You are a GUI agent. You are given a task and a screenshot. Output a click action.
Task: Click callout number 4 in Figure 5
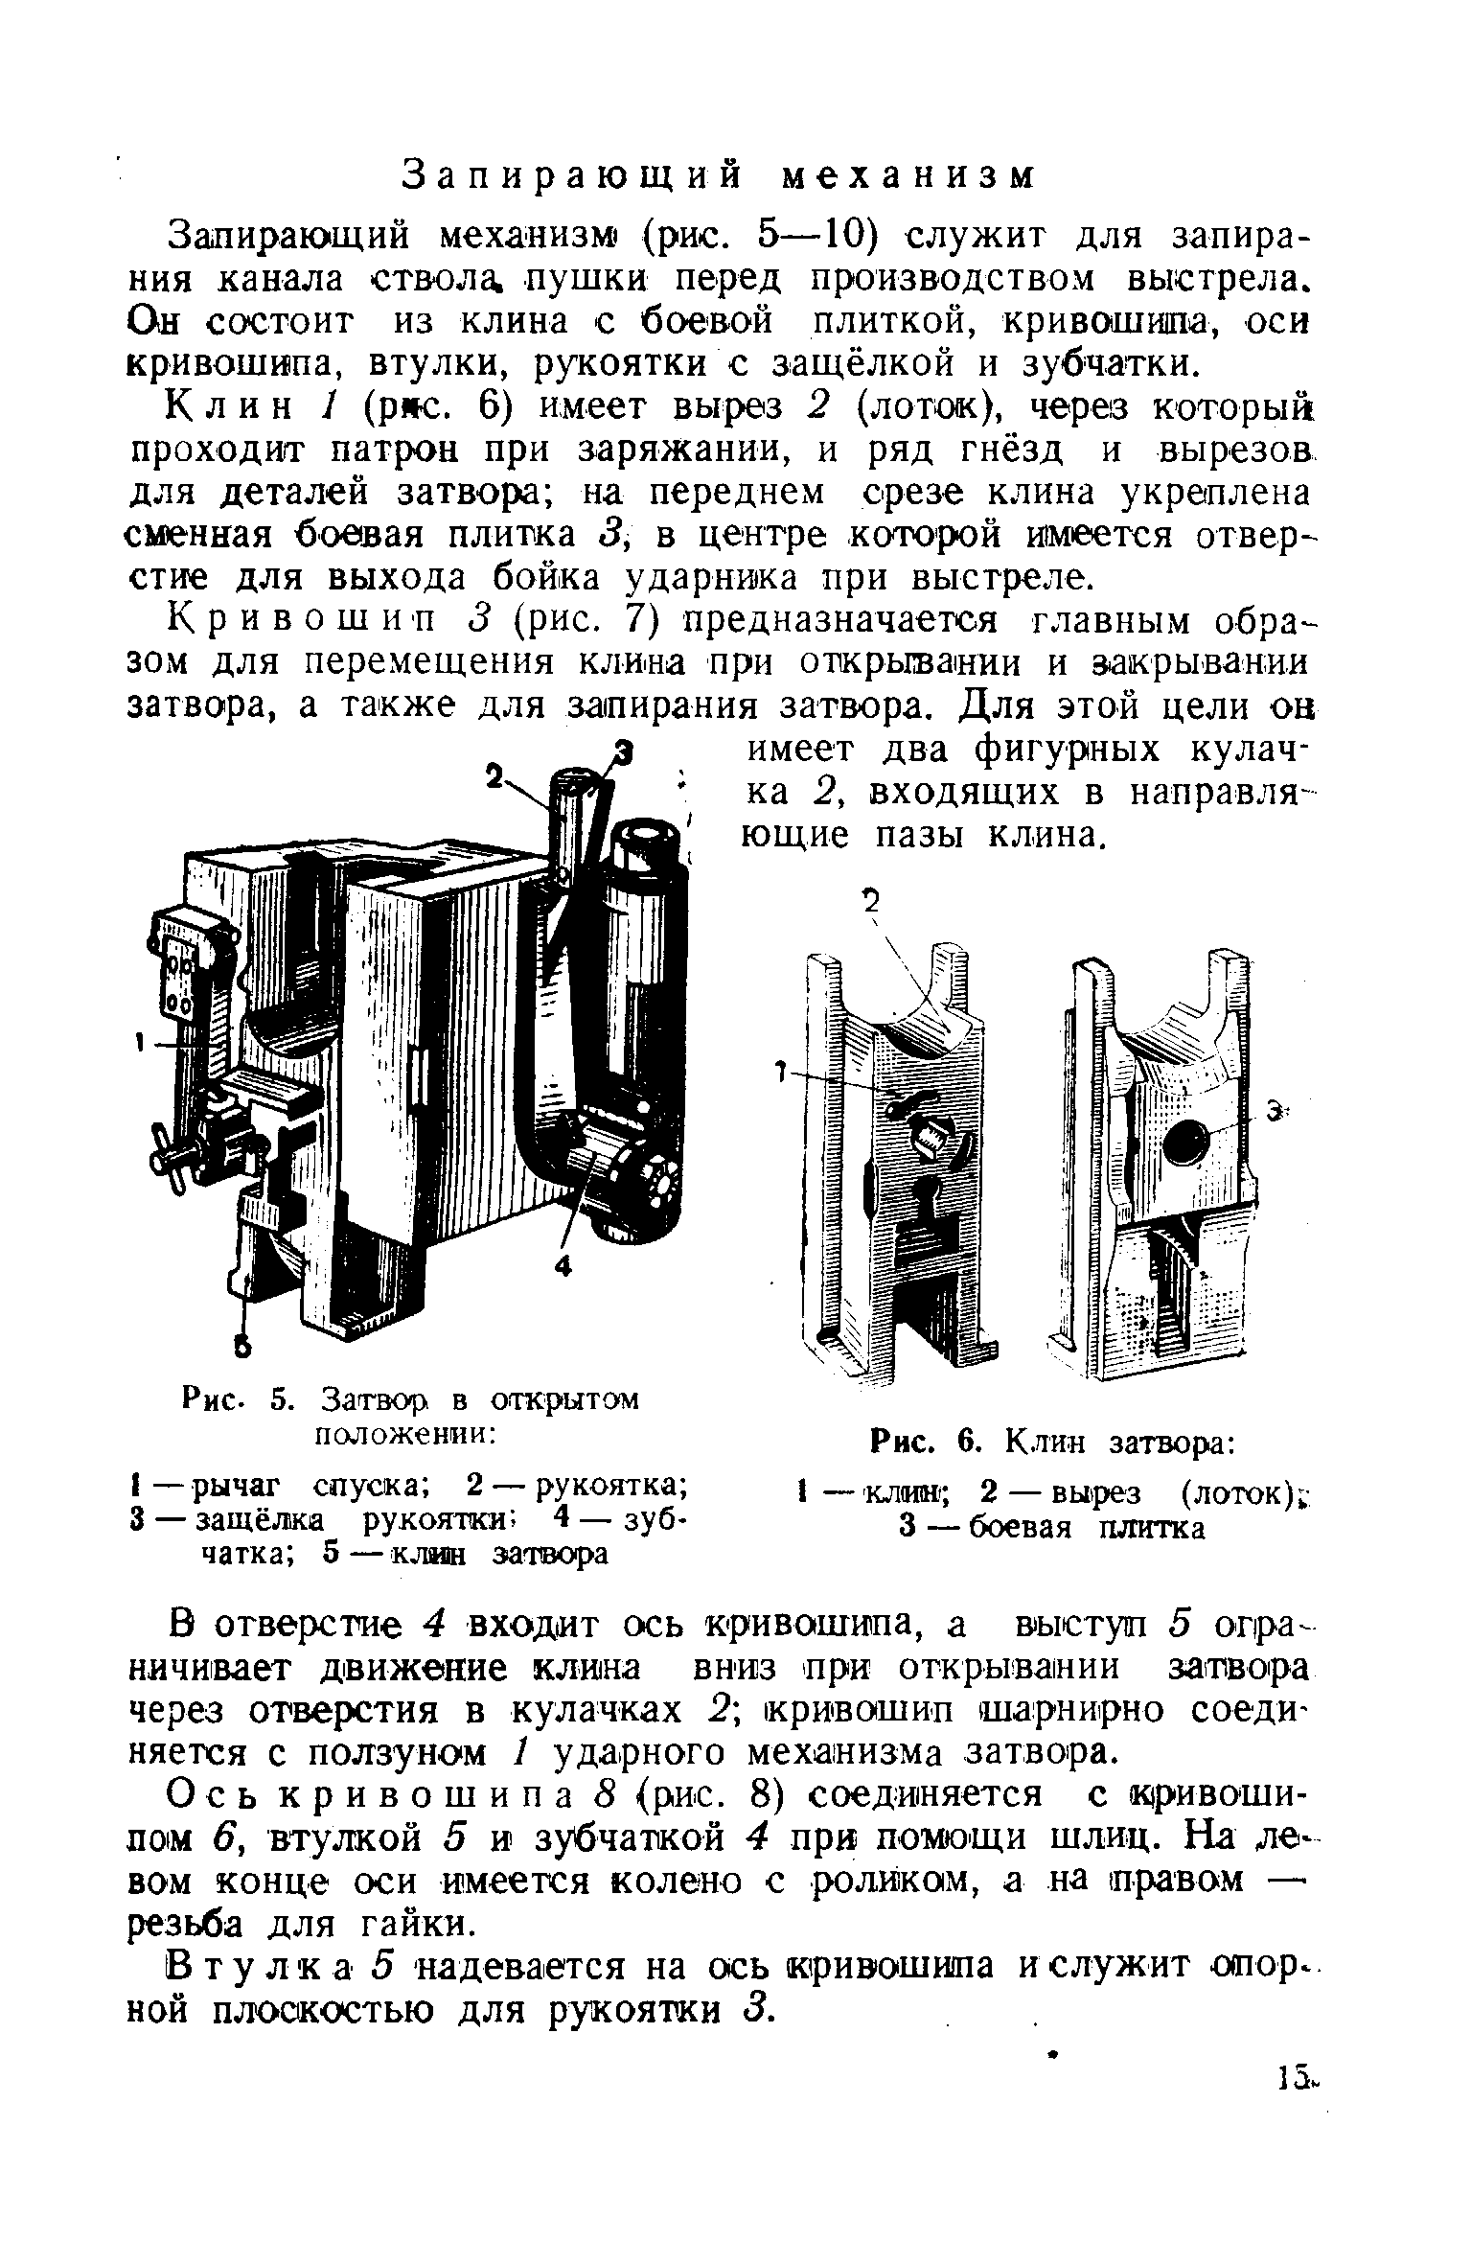click(563, 1266)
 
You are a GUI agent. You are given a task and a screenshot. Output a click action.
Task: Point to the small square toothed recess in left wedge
click(931, 1137)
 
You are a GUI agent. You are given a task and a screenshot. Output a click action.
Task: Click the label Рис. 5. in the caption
click(235, 1401)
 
